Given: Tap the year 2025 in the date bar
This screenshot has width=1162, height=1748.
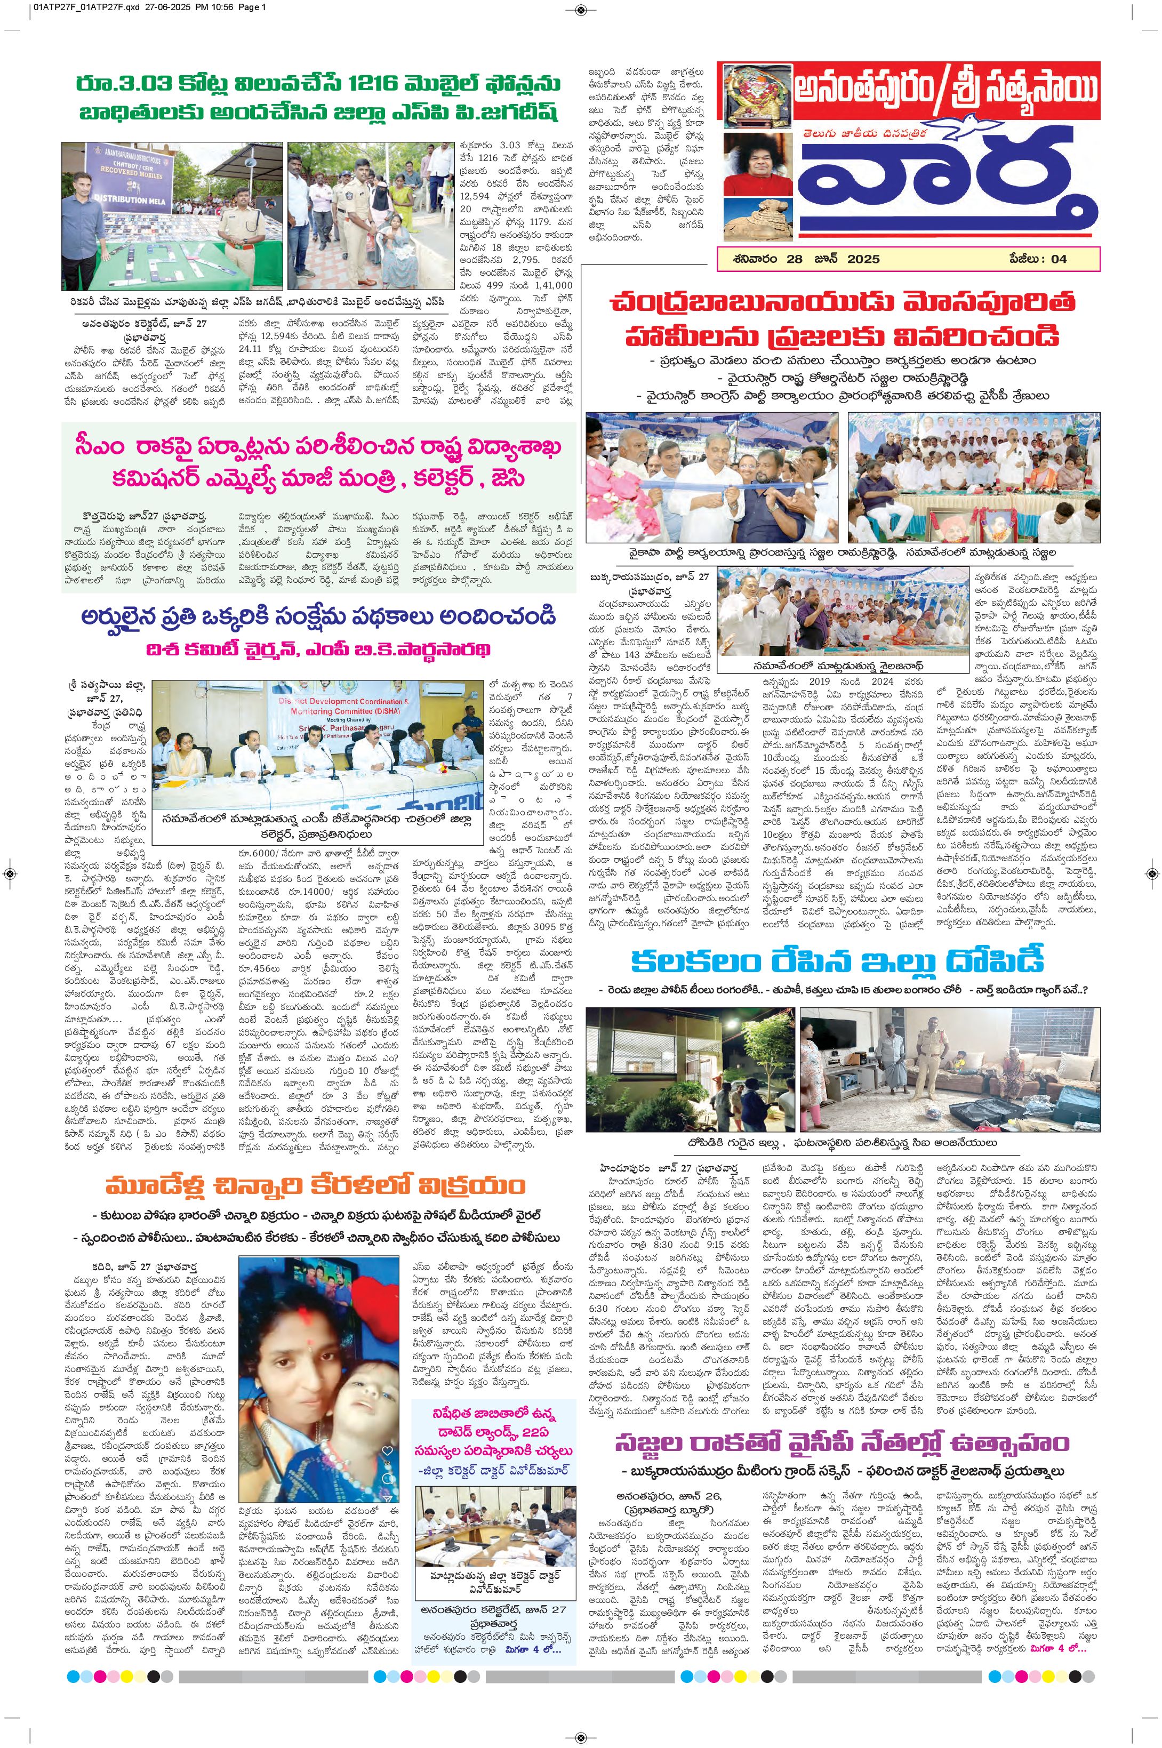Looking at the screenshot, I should click(x=860, y=259).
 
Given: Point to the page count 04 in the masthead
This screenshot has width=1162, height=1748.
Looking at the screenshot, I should click(x=1059, y=259).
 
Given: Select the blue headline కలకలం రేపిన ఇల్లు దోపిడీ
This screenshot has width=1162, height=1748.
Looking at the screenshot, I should click(x=837, y=962).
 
